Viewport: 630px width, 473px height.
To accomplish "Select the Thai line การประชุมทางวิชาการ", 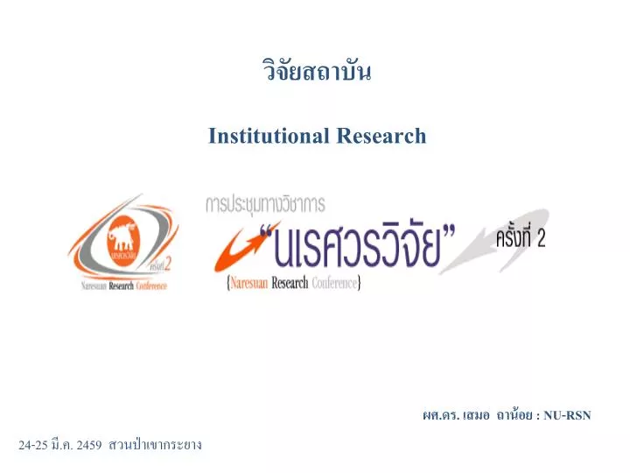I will click(x=265, y=204).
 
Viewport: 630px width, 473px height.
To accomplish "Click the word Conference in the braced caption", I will click(x=334, y=284).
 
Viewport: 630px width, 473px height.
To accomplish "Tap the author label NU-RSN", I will click(x=566, y=414).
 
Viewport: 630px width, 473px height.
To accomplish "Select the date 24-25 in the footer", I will click(x=31, y=445).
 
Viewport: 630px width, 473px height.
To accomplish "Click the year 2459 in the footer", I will click(x=89, y=445).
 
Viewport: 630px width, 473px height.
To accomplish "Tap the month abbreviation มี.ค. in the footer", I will click(x=61, y=445).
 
